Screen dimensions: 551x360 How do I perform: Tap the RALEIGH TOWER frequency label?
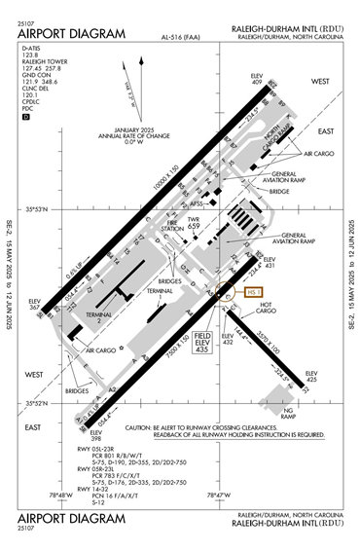44,61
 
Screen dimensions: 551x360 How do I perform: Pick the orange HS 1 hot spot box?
257,290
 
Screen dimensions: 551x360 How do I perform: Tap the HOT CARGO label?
267,307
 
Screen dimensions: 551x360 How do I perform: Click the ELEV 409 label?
258,79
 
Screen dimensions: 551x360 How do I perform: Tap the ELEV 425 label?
311,376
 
